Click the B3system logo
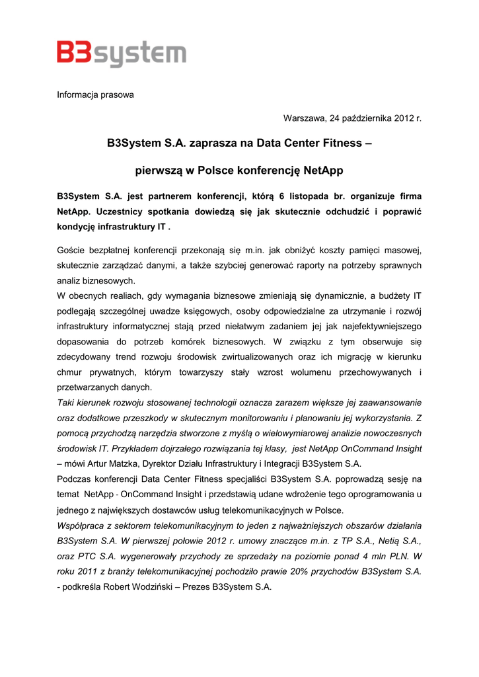coord(121,52)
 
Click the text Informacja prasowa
coord(95,95)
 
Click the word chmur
coord(69,372)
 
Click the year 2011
coord(91,571)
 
